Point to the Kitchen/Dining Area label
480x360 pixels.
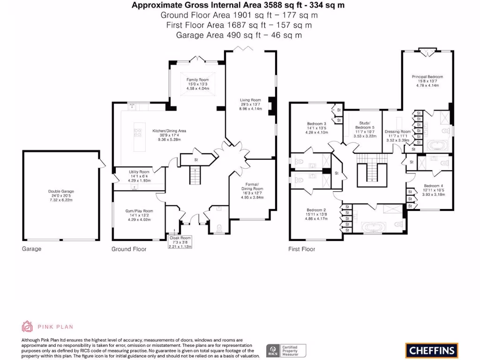(169, 135)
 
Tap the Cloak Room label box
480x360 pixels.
(180, 242)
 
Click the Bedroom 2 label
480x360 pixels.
(316, 214)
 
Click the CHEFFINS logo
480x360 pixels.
(431, 350)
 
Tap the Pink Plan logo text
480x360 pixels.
(58, 327)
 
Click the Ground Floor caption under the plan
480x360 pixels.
(128, 249)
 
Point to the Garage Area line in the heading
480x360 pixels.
(239, 35)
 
